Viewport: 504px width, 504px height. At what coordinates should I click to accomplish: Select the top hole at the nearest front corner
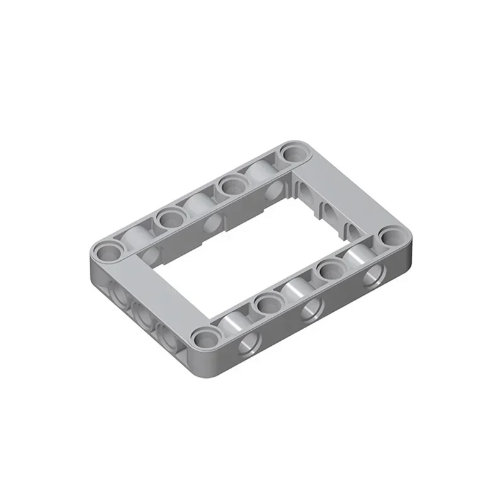[x=203, y=339]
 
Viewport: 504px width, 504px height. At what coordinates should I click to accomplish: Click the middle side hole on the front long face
[x=310, y=310]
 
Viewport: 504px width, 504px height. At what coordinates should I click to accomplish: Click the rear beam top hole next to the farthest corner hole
[x=231, y=186]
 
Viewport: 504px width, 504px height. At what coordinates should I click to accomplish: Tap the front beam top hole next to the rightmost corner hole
[x=328, y=272]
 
